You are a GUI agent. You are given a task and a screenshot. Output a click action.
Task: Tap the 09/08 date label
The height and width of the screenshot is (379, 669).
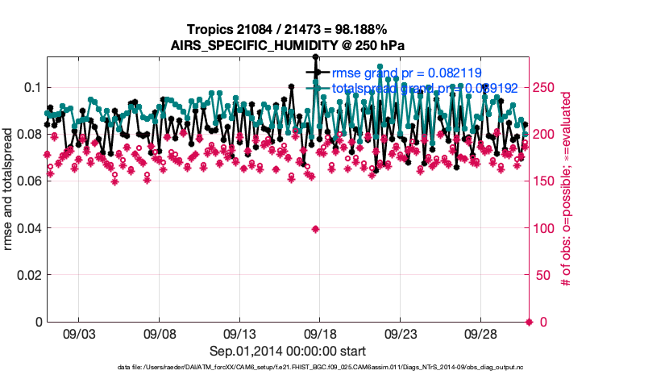(x=159, y=332)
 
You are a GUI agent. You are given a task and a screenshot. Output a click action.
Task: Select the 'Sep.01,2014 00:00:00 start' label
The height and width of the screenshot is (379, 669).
(x=288, y=351)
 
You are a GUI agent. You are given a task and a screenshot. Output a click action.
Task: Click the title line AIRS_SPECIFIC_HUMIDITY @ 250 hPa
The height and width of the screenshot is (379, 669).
(x=288, y=45)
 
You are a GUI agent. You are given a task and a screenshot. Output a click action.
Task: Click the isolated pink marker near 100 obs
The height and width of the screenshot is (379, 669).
(x=315, y=229)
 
